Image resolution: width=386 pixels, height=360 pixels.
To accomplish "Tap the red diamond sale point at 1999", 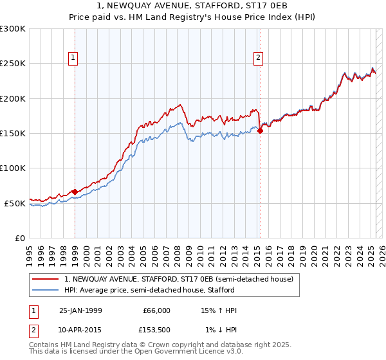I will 75,192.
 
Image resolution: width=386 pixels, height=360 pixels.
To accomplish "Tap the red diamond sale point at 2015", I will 260,130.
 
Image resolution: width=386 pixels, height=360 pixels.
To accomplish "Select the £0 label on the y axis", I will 19,238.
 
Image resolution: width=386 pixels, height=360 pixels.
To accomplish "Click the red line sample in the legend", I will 46,279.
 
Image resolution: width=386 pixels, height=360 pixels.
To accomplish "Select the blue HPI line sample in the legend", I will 46,291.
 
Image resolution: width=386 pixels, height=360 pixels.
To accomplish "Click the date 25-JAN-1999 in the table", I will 80,310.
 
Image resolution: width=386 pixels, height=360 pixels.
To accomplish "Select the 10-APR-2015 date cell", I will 80,330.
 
